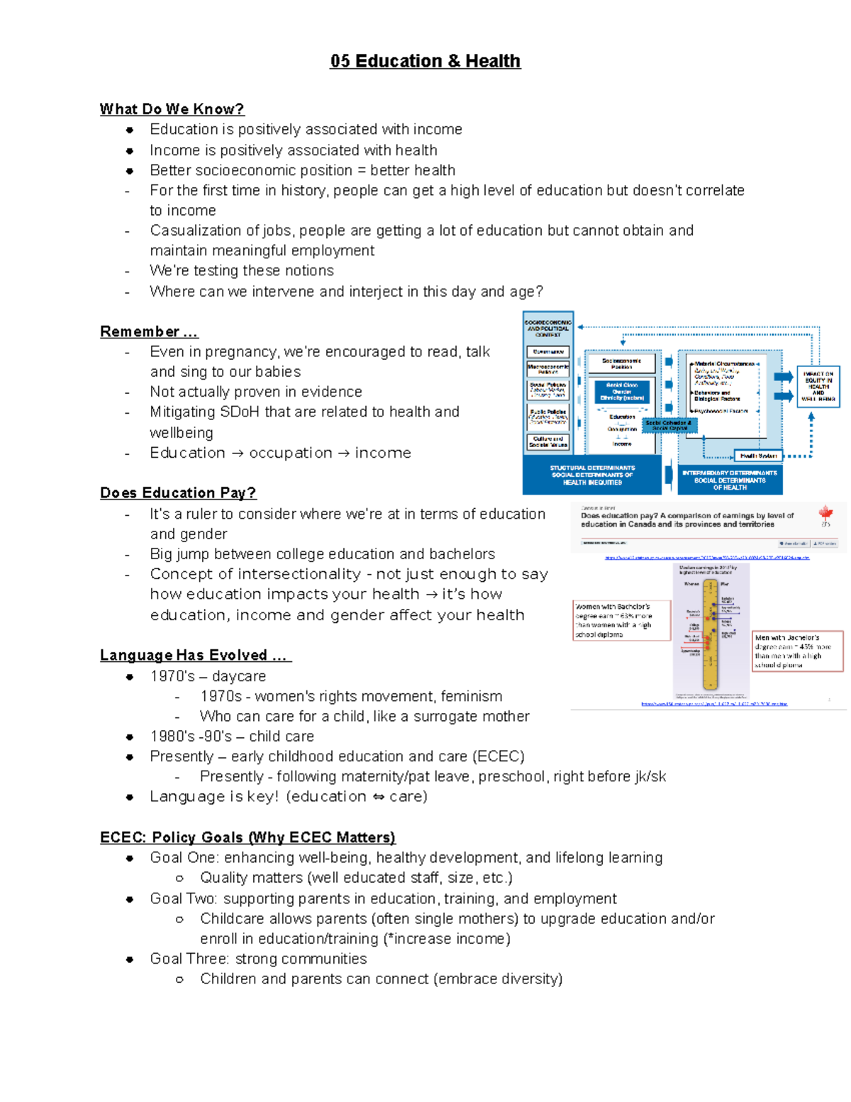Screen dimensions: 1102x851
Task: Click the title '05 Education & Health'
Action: point(425,61)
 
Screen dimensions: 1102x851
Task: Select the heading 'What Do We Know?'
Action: point(172,109)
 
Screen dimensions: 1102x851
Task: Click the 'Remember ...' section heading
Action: point(149,332)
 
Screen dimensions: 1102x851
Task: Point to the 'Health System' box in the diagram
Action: point(758,456)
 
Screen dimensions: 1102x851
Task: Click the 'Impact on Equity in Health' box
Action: point(818,386)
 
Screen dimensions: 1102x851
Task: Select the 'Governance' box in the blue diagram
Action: point(547,352)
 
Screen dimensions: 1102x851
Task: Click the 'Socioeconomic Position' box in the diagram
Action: point(621,364)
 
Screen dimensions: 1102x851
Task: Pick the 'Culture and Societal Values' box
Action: point(547,442)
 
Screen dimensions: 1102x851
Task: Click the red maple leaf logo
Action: point(825,513)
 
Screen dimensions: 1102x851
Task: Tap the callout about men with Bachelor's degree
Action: point(797,651)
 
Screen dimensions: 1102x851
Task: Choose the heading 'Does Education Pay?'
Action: point(178,493)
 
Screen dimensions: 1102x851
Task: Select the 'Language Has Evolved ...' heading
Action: point(195,656)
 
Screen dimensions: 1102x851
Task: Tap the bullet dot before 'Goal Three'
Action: point(130,959)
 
